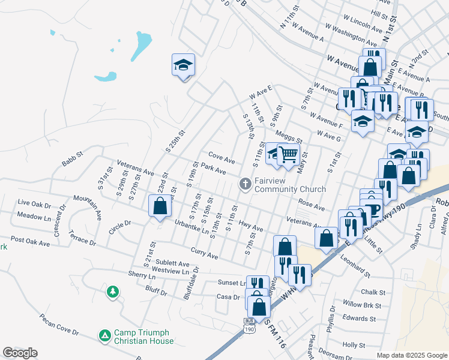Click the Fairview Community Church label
pos(290,184)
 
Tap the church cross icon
pos(245,184)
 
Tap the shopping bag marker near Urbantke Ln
pos(160,207)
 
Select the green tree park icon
pos(112,292)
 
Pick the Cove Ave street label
pos(221,159)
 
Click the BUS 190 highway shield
pos(249,325)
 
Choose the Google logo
pos(20,352)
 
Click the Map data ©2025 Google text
pos(412,355)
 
